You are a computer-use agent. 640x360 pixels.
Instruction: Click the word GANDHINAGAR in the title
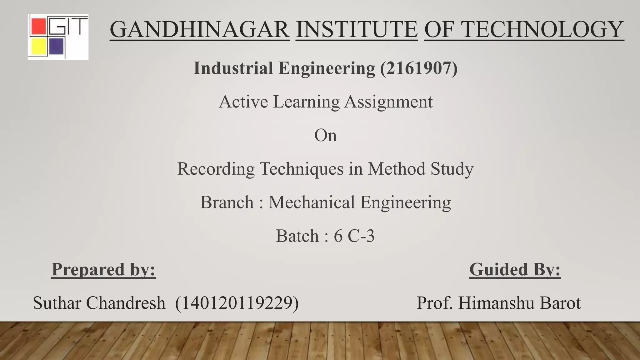coord(199,29)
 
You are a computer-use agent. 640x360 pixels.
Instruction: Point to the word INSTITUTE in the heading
coord(357,29)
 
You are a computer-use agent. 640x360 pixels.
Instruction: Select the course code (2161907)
coord(419,68)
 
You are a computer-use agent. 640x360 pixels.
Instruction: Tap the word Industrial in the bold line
coord(233,68)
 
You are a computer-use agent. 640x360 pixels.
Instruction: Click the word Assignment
coord(388,102)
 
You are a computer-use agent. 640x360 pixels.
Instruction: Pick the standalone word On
coord(325,136)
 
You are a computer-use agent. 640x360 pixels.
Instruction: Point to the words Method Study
coord(420,169)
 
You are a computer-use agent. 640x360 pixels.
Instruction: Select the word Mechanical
coord(311,202)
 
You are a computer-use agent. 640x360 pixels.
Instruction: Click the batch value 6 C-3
coord(354,236)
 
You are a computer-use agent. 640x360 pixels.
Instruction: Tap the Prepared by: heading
coord(103,269)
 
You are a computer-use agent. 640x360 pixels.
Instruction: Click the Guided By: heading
coord(515,269)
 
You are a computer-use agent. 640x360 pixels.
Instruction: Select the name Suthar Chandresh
coord(99,303)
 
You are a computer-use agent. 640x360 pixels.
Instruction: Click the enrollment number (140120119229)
coord(237,303)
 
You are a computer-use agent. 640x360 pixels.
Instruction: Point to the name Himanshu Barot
coord(519,303)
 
